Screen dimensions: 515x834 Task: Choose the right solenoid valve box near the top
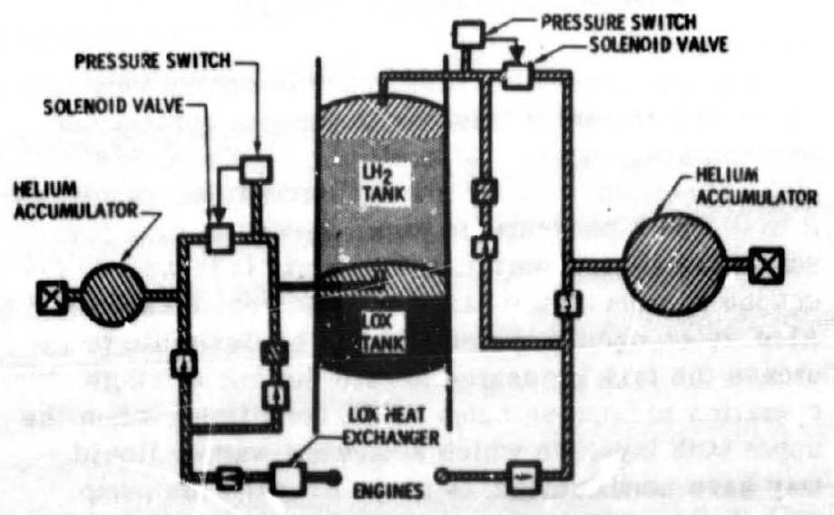(518, 75)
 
